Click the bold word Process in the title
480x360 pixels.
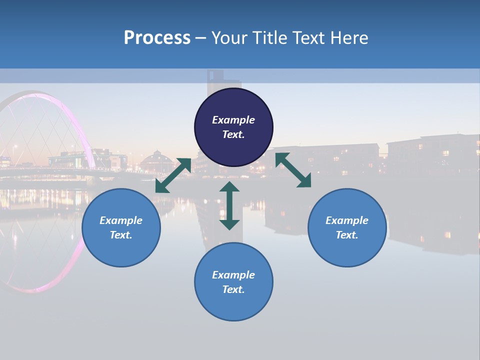(x=157, y=38)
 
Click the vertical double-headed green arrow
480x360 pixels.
(x=229, y=205)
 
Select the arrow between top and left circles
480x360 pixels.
(x=173, y=175)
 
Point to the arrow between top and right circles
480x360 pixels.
(x=293, y=170)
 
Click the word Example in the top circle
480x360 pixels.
(x=233, y=120)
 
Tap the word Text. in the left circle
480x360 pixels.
(x=121, y=235)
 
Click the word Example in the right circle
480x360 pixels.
(x=347, y=220)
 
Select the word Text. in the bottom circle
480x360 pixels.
(x=233, y=289)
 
